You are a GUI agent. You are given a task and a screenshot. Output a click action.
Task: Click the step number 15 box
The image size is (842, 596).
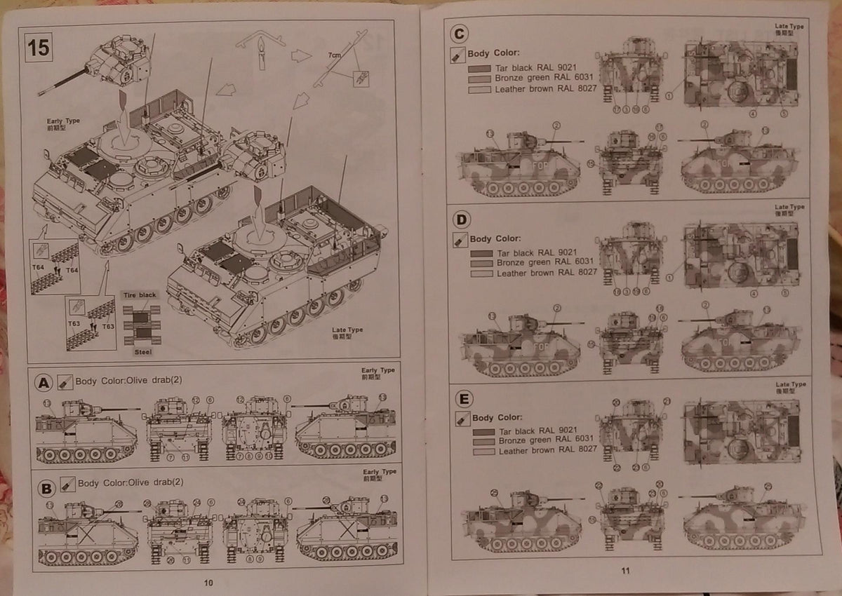pos(39,47)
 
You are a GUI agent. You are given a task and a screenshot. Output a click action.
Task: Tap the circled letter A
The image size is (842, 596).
pos(44,382)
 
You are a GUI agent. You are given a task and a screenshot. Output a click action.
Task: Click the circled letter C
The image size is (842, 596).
pos(459,34)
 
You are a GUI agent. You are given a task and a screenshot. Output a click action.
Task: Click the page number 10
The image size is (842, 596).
pos(208,582)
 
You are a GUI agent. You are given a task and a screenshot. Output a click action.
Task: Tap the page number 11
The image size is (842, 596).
pos(627,570)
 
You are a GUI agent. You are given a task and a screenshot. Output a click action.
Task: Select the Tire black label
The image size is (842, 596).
pos(139,295)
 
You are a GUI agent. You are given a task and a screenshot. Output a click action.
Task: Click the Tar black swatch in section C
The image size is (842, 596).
pos(480,69)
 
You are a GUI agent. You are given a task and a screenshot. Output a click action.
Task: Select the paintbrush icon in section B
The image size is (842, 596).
pos(67,483)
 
